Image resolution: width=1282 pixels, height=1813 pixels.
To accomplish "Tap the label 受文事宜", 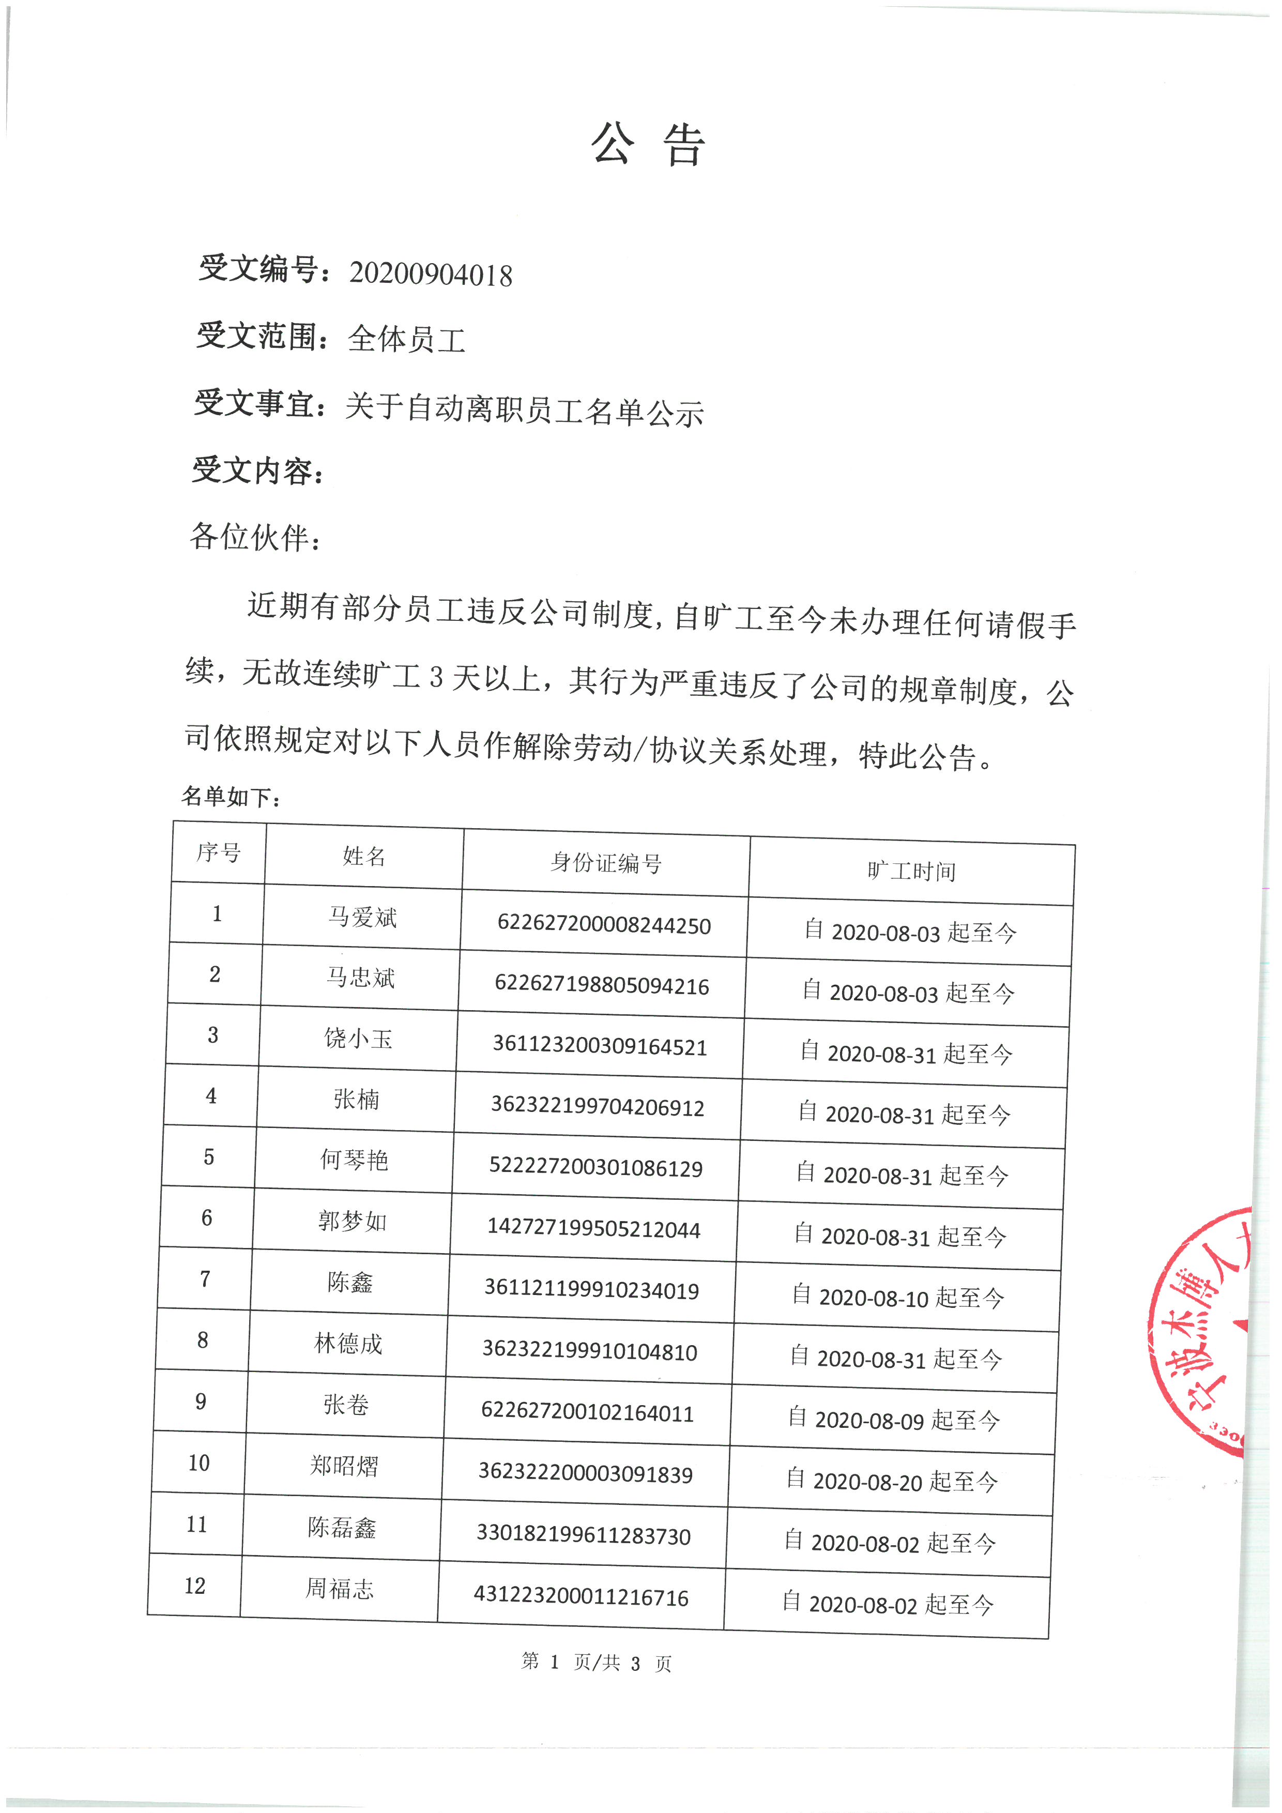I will (x=256, y=404).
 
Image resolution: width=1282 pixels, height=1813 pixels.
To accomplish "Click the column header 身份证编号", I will (x=605, y=862).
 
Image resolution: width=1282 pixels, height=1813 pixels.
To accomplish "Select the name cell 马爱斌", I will (x=362, y=918).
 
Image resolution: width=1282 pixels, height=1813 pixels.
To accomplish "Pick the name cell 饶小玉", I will (x=358, y=1039).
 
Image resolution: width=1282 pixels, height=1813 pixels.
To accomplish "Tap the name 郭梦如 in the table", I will (x=352, y=1222).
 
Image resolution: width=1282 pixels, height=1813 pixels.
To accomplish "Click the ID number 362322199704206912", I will (x=598, y=1107).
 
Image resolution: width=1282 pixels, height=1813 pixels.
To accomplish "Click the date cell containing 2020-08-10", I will (x=897, y=1298).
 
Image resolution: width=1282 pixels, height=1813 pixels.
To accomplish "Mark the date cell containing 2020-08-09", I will (x=894, y=1420).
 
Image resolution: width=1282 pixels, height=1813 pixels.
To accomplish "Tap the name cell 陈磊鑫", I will (x=342, y=1528).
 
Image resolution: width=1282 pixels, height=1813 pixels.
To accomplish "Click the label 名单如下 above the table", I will (x=231, y=797).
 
